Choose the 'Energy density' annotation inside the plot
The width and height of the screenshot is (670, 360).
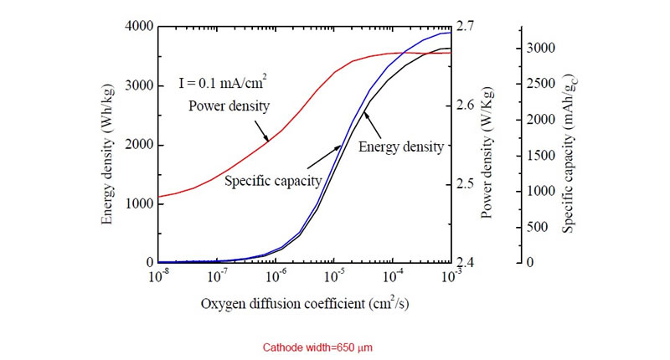(x=400, y=147)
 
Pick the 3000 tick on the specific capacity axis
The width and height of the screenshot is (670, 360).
(x=543, y=49)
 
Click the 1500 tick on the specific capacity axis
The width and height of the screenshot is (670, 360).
(x=543, y=156)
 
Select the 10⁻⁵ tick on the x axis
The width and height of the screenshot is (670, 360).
(x=334, y=276)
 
